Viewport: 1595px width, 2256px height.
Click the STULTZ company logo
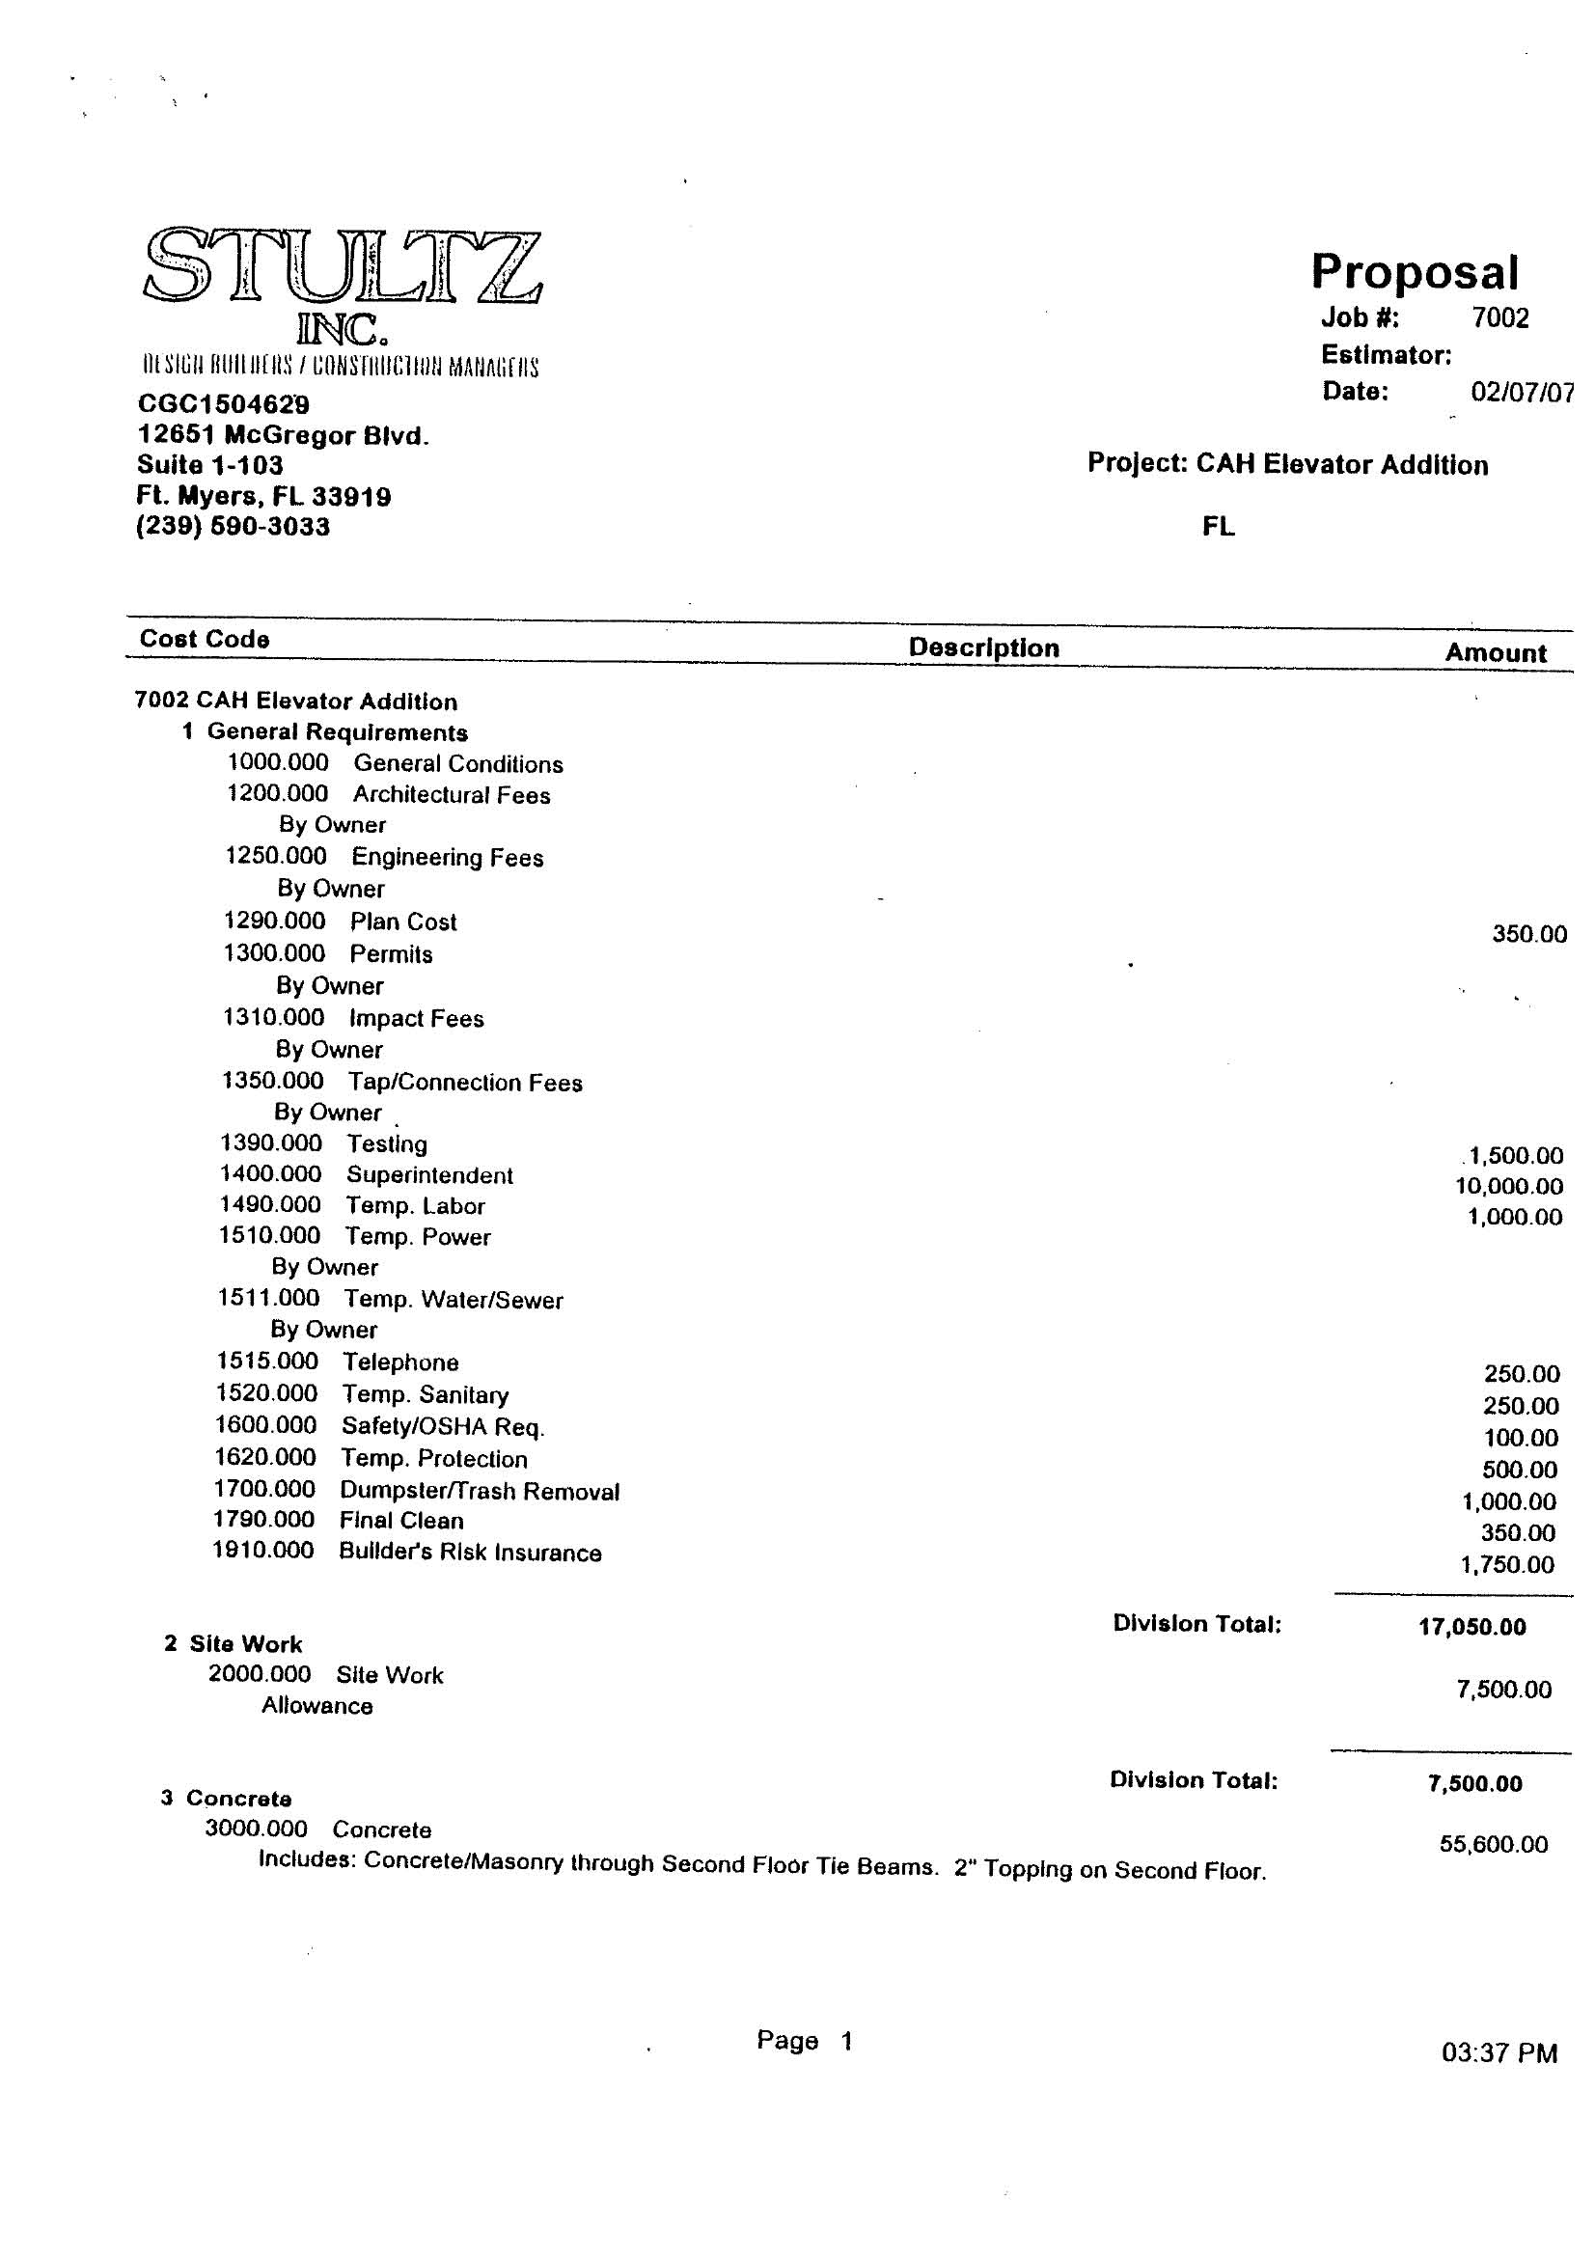tap(342, 267)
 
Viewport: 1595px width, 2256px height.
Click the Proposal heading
tap(1415, 271)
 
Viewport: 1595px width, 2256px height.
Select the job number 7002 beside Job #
tap(1499, 317)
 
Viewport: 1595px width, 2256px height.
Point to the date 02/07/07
tap(1521, 392)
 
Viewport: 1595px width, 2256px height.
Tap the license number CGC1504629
tap(223, 404)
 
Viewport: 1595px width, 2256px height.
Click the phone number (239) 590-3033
tap(233, 527)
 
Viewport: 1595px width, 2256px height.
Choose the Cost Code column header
tap(205, 639)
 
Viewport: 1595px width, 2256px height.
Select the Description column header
tap(984, 647)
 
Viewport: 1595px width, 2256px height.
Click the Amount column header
tap(1495, 652)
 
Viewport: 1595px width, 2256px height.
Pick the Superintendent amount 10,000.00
tap(1508, 1186)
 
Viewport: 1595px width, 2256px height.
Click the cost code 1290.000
tap(274, 921)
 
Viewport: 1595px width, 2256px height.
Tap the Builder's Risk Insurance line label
tap(470, 1553)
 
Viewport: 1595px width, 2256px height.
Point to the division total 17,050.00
tap(1471, 1626)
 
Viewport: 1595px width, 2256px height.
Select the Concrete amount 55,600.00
tap(1493, 1843)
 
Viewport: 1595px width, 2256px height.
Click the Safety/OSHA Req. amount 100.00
tap(1521, 1438)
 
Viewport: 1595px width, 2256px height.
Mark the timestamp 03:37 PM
tap(1499, 2052)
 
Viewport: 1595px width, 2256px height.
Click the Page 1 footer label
tap(804, 2041)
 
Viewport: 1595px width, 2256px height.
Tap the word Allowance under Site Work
tap(316, 1706)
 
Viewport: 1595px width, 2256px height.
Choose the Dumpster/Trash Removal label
tap(480, 1491)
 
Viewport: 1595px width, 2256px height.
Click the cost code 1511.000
tap(268, 1298)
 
